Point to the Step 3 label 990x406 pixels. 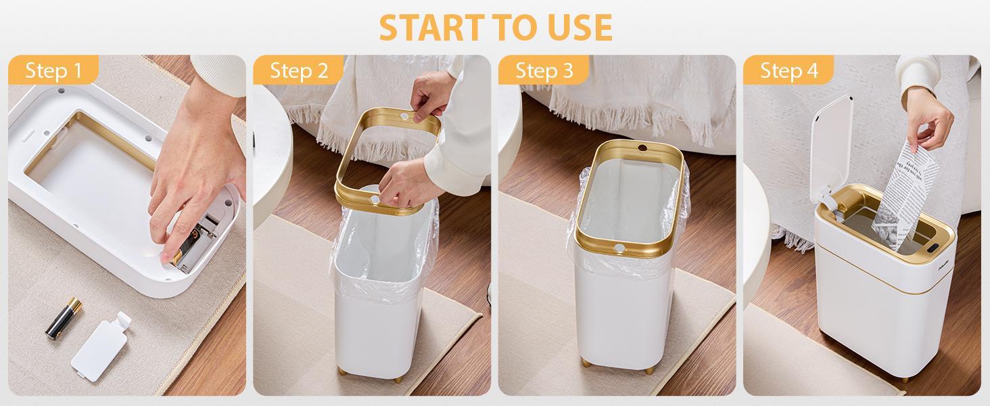click(544, 70)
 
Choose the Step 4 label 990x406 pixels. click(788, 70)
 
